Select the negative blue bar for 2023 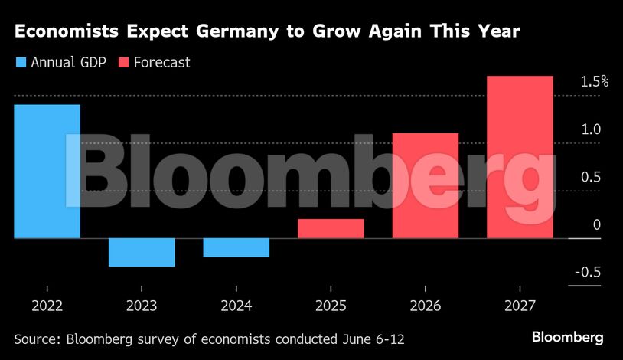pos(142,252)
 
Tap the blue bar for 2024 pos(236,247)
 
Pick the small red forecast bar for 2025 pos(331,228)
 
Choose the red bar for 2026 pos(426,185)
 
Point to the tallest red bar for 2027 pos(520,157)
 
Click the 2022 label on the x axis pos(47,306)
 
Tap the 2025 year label pos(331,306)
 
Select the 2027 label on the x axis pos(520,306)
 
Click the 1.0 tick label pos(590,129)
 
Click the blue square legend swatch pos(21,62)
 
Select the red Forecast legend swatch pos(123,62)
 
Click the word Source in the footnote pos(38,338)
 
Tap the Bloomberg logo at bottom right pos(568,337)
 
